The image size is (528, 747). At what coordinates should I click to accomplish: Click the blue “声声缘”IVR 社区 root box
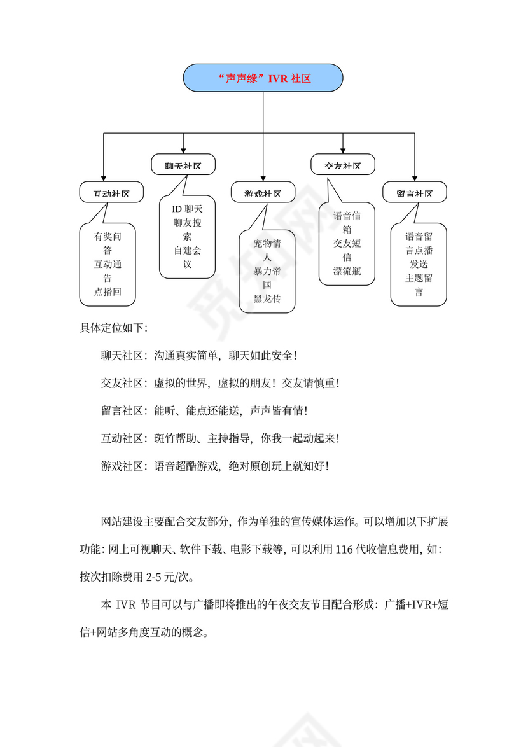coord(263,78)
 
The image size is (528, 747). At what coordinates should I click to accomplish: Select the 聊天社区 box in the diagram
coord(183,165)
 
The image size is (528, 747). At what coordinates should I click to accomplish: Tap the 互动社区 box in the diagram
coord(111,193)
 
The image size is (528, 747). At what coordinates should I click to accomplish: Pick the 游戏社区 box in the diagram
coord(263,193)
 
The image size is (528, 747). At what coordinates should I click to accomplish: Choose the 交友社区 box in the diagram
coord(343,165)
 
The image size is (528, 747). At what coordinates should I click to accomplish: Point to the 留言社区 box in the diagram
coord(415,193)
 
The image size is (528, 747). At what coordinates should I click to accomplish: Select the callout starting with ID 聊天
coord(187,237)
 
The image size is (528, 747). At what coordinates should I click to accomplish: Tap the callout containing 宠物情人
coord(267,271)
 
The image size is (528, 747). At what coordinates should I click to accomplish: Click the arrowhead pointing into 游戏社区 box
coord(263,179)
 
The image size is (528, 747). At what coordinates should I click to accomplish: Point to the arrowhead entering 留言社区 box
coord(415,179)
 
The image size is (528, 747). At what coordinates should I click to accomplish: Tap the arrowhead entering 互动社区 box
coord(104,179)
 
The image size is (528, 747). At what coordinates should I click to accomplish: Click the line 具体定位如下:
coord(114,328)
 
